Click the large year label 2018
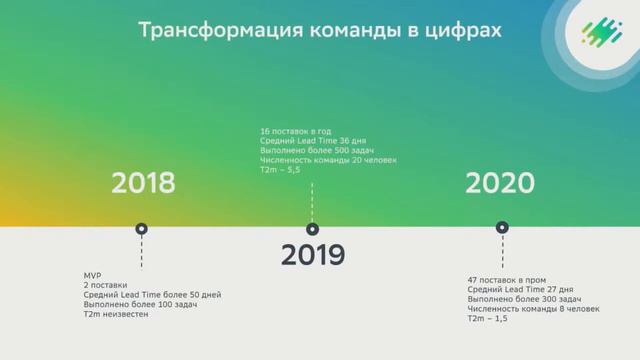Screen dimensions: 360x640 (143, 183)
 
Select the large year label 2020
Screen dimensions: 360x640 (500, 183)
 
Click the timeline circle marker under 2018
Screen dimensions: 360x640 (142, 228)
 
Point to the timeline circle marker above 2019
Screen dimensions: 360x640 (311, 228)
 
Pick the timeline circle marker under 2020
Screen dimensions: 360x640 (501, 228)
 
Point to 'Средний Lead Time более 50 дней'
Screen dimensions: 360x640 (152, 295)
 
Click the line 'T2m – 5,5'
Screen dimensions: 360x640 (279, 170)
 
